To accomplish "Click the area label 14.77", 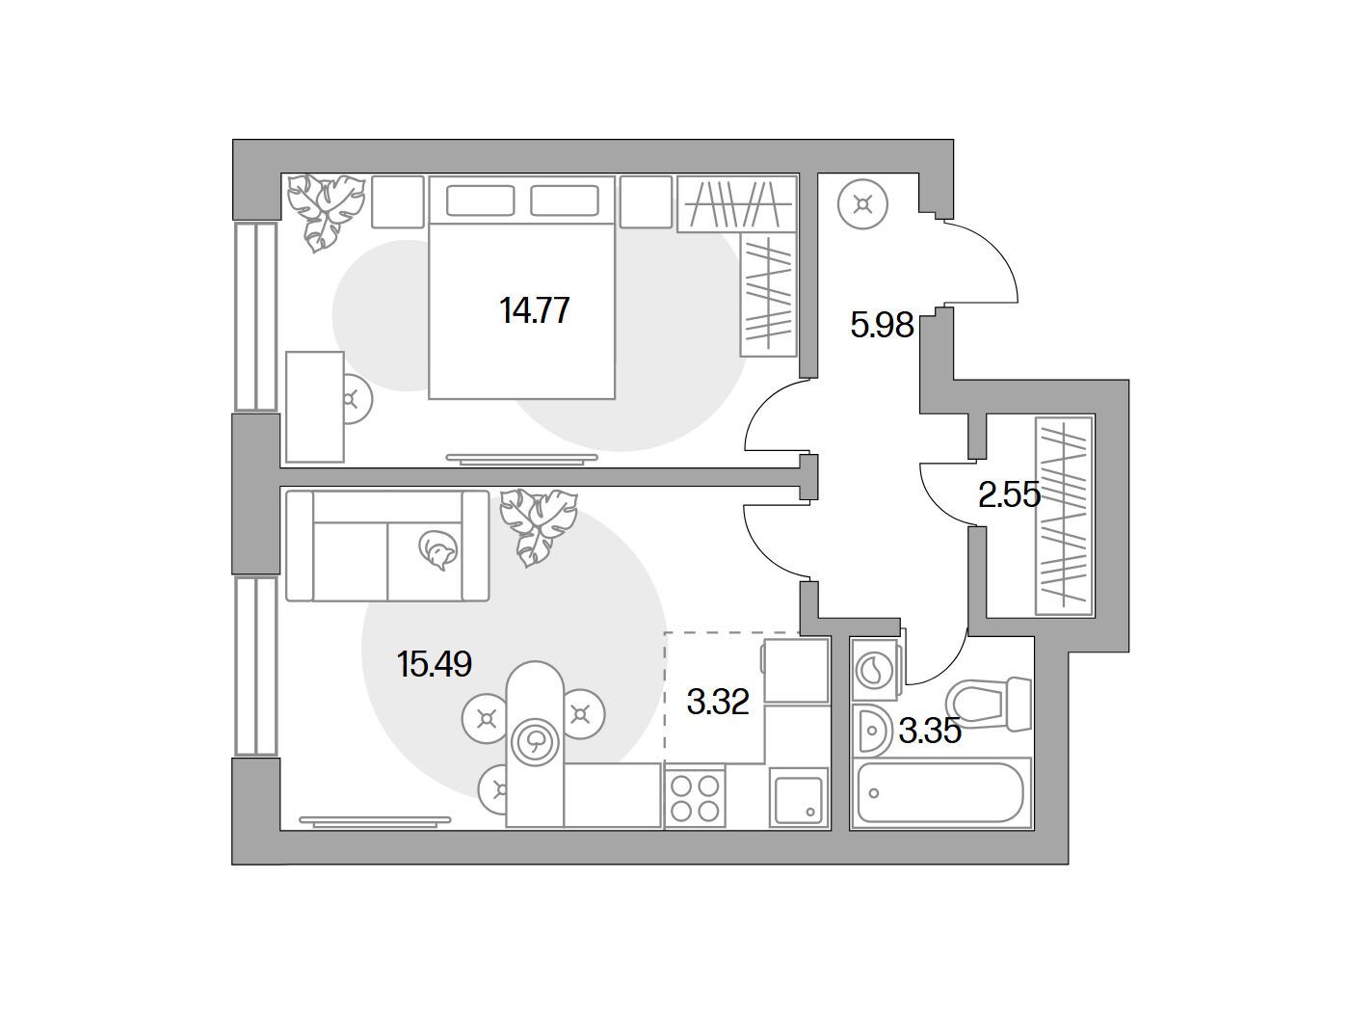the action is pos(534,310).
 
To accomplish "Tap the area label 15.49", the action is pos(435,664).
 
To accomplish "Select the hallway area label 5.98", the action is pos(882,325).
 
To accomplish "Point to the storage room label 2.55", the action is pos(1009,495).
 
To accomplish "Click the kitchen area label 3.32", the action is pos(718,702).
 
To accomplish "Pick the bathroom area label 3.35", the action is pos(930,732).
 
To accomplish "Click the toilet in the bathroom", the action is pos(989,705).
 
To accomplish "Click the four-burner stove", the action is pos(695,798).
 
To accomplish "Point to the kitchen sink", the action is pos(799,800).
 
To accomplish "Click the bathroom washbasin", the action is pos(871,731).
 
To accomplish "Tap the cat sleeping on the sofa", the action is pos(437,548).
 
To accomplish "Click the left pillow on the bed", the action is pos(480,200).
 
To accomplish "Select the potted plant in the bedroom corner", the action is pos(326,213).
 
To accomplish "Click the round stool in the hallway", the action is pos(862,204).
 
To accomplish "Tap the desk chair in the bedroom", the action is pos(356,399).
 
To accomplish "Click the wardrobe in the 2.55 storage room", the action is pos(1064,516).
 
